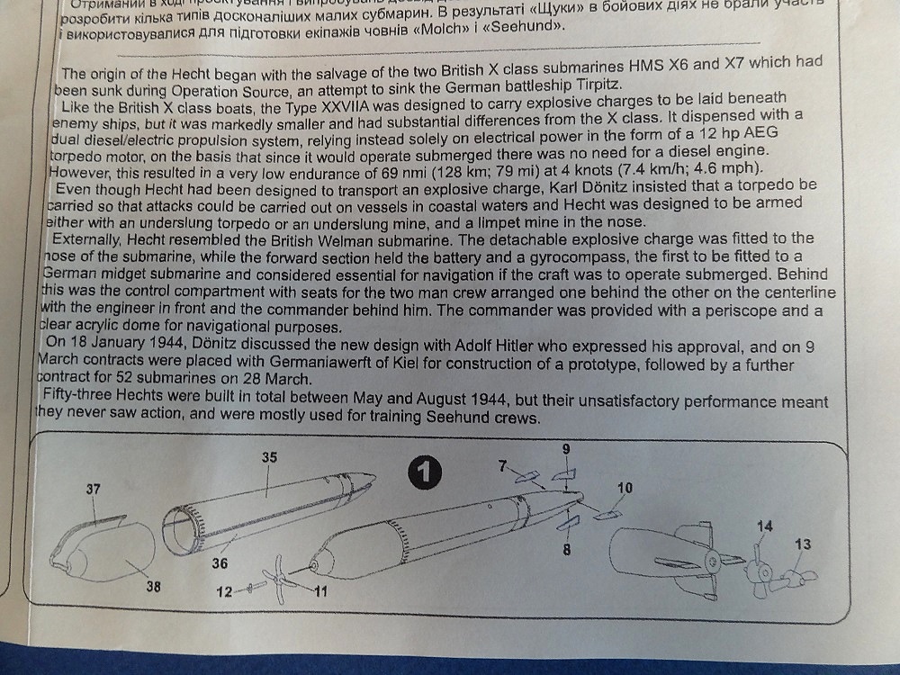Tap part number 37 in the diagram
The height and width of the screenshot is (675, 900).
pyautogui.click(x=94, y=489)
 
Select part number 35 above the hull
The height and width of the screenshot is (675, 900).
pyautogui.click(x=269, y=457)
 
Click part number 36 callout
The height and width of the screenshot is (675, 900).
pyautogui.click(x=220, y=562)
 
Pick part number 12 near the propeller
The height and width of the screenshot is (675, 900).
pyautogui.click(x=225, y=591)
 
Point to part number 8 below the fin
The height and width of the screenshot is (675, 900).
pyautogui.click(x=567, y=549)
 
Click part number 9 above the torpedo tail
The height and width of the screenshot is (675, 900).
pyautogui.click(x=564, y=449)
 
